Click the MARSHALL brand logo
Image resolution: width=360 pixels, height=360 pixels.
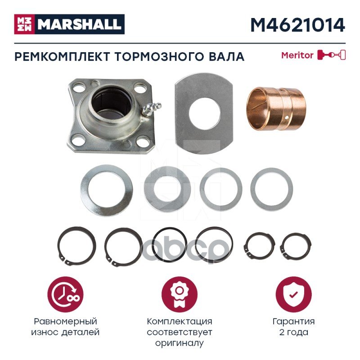coord(69,24)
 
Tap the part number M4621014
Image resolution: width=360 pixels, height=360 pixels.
coord(298,25)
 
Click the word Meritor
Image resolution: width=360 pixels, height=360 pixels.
coord(297,55)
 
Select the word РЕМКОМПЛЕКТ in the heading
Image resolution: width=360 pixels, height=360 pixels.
coord(62,57)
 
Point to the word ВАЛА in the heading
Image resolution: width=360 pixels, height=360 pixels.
coord(226,57)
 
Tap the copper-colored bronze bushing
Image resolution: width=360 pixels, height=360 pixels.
coord(276,108)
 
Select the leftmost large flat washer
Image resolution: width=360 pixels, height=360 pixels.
coord(107,190)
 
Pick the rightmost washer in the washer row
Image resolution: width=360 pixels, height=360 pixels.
coord(272,171)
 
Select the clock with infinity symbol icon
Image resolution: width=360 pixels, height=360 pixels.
coord(65,295)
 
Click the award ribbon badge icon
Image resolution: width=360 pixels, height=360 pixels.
coord(179,295)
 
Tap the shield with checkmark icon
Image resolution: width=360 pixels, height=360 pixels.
coord(294,295)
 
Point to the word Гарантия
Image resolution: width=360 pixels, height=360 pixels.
coord(294,321)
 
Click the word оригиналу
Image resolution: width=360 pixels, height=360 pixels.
coord(179,343)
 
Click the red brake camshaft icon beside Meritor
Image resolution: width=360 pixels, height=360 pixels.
coord(332,55)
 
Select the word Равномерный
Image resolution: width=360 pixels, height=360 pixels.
coord(65,321)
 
